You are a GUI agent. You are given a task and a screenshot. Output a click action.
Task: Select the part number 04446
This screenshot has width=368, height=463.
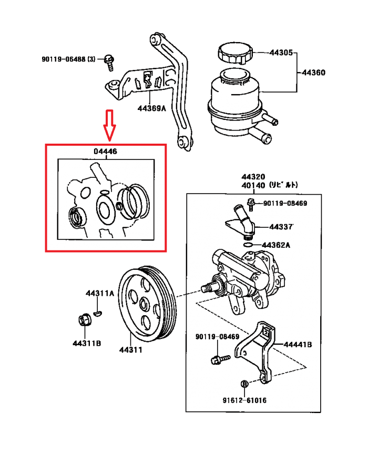[105, 152]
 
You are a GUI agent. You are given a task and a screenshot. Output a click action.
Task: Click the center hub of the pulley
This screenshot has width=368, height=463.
[145, 304]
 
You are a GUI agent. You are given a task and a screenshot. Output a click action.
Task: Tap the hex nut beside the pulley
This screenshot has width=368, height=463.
[83, 320]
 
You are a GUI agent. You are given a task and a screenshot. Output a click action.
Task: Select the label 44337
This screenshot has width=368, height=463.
[281, 227]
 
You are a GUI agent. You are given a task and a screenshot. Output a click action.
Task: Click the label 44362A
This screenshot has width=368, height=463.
[276, 245]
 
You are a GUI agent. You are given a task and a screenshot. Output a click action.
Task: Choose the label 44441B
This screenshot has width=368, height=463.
[298, 345]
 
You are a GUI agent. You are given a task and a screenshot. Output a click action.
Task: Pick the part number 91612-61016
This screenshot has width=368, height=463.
[244, 400]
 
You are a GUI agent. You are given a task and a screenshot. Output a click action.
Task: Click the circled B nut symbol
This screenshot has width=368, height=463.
[244, 384]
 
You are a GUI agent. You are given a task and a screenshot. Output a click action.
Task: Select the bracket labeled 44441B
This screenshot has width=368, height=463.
[258, 350]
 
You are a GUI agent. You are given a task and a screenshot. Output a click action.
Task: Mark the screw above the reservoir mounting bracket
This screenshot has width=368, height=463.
[109, 62]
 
